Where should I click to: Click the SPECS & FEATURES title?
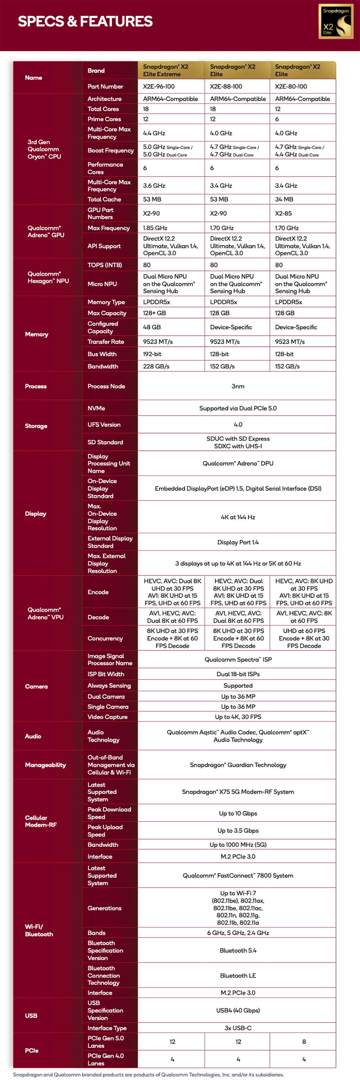[x=85, y=21]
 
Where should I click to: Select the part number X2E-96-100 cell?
[x=159, y=86]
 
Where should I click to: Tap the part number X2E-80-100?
[x=291, y=86]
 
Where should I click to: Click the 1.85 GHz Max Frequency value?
[x=155, y=228]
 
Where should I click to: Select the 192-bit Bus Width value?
[x=152, y=354]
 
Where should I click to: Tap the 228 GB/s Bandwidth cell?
[x=156, y=367]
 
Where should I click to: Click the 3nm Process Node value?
[x=238, y=386]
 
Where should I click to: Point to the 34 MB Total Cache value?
[x=284, y=199]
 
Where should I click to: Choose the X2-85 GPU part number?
[x=283, y=214]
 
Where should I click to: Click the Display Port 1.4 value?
[x=238, y=542]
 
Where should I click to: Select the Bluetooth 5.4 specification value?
[x=238, y=950]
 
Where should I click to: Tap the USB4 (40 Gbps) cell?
[x=238, y=1010]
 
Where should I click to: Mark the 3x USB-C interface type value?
[x=238, y=1028]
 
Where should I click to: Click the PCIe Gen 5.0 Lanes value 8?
[x=304, y=1041]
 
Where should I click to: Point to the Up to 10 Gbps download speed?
[x=238, y=814]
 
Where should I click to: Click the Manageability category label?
[x=45, y=765]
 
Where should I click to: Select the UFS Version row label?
[x=104, y=425]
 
